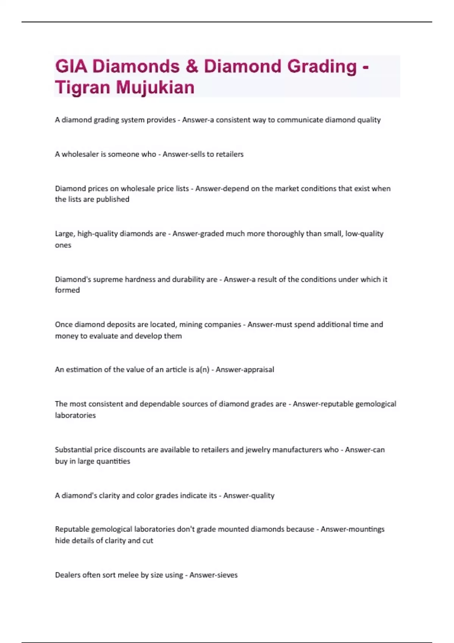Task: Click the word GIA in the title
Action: click(x=71, y=67)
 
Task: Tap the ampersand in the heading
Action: click(x=192, y=67)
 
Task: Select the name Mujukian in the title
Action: click(x=155, y=87)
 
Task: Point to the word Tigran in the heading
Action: click(x=83, y=87)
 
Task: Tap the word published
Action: click(x=113, y=199)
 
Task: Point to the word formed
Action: click(x=67, y=290)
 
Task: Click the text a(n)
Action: click(x=202, y=370)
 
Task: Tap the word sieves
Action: click(x=226, y=575)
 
